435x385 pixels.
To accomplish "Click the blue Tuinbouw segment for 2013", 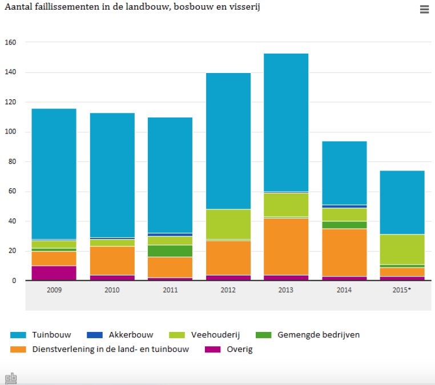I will pyautogui.click(x=286, y=122).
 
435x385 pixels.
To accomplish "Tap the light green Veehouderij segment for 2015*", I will pyautogui.click(x=402, y=249).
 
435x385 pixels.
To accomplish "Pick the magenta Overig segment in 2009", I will pyautogui.click(x=54, y=273).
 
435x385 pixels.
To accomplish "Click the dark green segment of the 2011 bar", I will pyautogui.click(x=170, y=251).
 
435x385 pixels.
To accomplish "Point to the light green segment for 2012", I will pyautogui.click(x=228, y=224).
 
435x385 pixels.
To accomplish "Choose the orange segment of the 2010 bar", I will pyautogui.click(x=112, y=261).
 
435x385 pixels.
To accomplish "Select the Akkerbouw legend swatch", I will pyautogui.click(x=94, y=335).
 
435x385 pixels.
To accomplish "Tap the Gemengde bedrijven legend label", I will pyautogui.click(x=318, y=335).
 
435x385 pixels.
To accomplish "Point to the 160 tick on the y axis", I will pyautogui.click(x=10, y=43).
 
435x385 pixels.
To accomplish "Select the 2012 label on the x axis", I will pyautogui.click(x=228, y=290).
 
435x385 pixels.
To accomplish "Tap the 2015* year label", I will pyautogui.click(x=402, y=290).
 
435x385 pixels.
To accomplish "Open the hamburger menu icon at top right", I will pyautogui.click(x=424, y=10).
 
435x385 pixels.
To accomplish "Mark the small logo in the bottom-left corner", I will pyautogui.click(x=11, y=378).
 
